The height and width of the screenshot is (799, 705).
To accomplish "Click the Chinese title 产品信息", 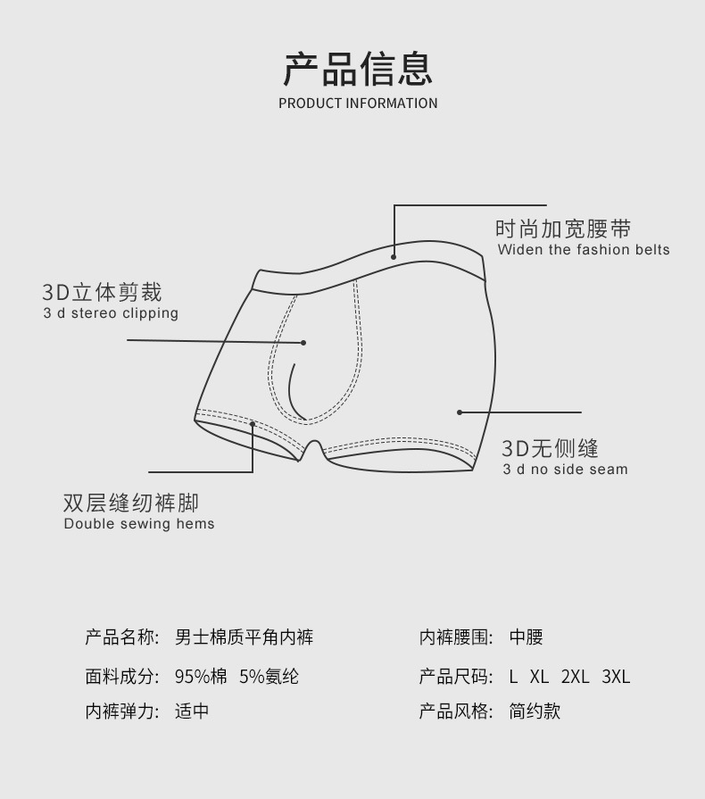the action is [358, 67].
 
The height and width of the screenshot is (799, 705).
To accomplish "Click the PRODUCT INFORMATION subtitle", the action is [358, 103].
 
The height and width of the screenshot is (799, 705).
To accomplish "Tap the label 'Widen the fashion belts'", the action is [584, 250].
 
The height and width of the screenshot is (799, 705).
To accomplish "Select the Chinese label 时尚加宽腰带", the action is [563, 229].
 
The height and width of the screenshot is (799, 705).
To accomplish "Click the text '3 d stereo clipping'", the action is [111, 313].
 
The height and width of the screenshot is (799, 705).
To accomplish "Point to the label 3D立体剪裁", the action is [102, 292].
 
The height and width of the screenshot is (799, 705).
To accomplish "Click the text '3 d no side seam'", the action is [565, 470].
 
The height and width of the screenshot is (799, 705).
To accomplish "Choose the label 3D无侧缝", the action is [550, 448].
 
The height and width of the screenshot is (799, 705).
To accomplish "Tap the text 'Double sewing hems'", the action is [139, 524].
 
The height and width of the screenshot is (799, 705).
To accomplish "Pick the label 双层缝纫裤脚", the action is [131, 503].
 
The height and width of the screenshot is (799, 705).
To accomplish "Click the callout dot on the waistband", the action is [394, 255].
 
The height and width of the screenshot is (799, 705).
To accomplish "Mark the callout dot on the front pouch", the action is [303, 342].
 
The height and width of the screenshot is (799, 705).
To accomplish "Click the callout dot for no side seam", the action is [460, 412].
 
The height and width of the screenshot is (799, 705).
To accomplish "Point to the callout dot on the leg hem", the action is [253, 425].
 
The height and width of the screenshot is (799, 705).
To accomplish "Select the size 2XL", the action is [575, 677].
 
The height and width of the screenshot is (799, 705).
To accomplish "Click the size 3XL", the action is [616, 677].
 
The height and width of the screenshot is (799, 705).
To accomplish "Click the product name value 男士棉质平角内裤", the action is [244, 637].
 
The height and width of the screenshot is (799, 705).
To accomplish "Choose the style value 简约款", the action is [535, 712].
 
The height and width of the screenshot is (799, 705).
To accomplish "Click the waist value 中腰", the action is [526, 637].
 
